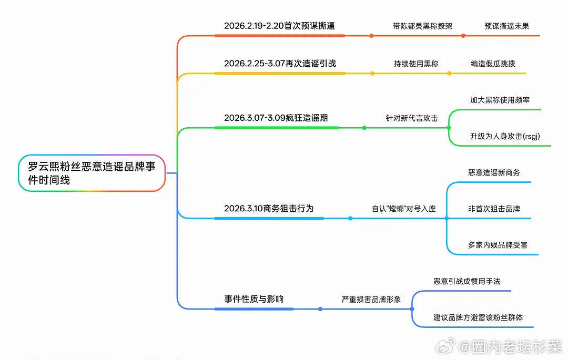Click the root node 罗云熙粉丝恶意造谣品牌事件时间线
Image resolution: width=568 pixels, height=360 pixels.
click(92, 173)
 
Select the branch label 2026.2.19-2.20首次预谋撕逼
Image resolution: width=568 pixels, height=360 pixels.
click(279, 26)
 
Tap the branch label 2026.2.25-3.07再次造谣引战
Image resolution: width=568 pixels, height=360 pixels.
click(280, 64)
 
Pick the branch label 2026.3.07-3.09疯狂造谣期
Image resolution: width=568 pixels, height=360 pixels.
click(276, 118)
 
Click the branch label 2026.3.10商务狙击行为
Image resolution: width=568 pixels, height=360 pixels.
click(269, 209)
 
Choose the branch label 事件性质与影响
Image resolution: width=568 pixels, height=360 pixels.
click(254, 299)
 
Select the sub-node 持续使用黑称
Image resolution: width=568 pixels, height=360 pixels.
click(416, 64)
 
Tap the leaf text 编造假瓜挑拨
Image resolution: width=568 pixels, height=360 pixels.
click(493, 64)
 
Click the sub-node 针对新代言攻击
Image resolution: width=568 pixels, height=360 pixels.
click(412, 118)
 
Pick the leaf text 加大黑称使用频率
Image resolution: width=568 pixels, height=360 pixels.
click(500, 100)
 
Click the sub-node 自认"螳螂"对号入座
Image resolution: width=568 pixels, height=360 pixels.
click(404, 209)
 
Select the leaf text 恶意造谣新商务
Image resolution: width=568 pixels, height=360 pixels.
click(494, 172)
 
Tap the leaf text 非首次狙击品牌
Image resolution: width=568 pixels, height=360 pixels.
click(494, 209)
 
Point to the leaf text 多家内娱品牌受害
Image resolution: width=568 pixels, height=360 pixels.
click(498, 245)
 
